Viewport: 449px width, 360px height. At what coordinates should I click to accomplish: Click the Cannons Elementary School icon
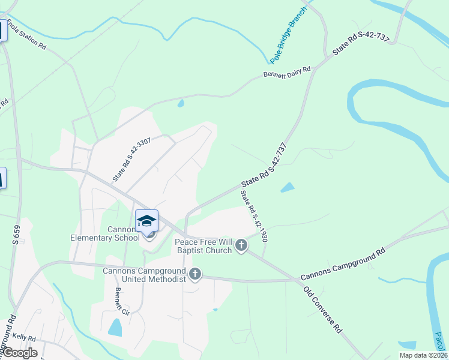point(147,221)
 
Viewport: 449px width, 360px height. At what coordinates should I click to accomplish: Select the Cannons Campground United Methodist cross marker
point(194,275)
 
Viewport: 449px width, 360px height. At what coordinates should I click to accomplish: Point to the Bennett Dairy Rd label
point(287,73)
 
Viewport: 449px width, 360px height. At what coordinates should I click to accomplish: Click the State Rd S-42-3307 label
point(131,159)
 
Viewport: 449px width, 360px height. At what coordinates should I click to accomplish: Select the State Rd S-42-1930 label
point(253,216)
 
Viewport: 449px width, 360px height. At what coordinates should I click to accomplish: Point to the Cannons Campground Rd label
point(342,265)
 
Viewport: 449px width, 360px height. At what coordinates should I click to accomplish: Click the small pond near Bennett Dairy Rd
point(181,103)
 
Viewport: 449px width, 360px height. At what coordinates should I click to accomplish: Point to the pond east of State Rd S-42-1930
point(288,187)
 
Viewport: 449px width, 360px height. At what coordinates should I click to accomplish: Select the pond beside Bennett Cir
point(115,327)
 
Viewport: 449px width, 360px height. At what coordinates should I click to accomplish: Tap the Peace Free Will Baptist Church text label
point(203,246)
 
